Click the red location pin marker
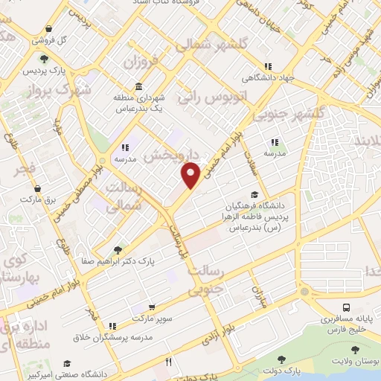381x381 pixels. click(x=191, y=175)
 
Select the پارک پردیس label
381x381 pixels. click(x=42, y=71)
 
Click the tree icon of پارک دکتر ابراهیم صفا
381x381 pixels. click(x=117, y=250)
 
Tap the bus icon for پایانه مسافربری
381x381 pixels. click(x=346, y=307)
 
